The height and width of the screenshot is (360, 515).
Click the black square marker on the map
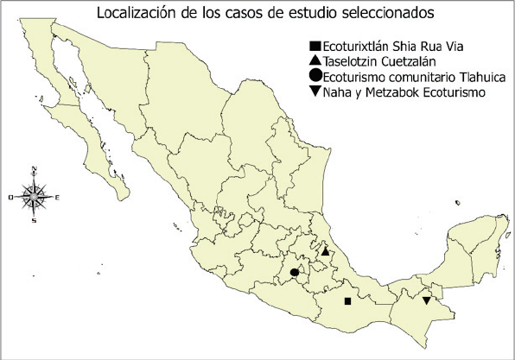click(x=347, y=301)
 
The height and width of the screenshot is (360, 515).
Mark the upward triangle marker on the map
click(x=325, y=252)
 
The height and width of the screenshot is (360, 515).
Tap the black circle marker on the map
click(x=294, y=273)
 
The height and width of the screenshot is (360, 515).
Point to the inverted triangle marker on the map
click(x=427, y=300)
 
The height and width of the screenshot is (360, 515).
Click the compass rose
click(x=34, y=196)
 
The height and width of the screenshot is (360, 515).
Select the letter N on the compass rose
click(x=33, y=170)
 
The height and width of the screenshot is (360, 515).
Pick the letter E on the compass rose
click(x=57, y=198)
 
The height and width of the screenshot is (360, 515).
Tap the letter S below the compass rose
click(x=34, y=221)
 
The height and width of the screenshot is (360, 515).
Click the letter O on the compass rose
click(x=10, y=198)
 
